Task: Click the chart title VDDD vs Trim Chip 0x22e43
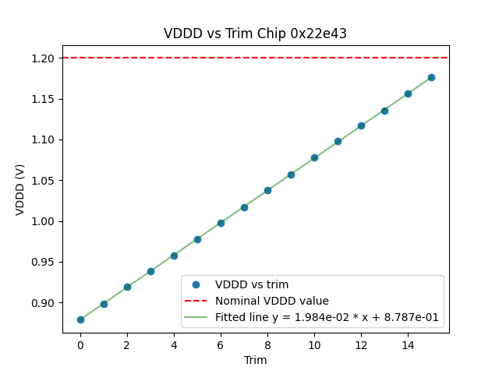point(255,34)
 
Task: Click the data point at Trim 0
point(80,319)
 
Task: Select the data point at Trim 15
point(431,77)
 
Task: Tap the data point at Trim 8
point(267,190)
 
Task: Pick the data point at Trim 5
point(197,239)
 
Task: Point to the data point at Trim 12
point(361,125)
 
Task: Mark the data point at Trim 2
point(127,287)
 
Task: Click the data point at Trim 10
point(314,157)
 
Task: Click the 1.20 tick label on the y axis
point(44,58)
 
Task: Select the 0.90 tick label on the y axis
point(44,303)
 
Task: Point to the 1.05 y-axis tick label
point(44,181)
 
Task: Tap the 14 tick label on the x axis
point(408,344)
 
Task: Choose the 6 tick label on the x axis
point(221,344)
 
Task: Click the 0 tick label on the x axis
point(80,344)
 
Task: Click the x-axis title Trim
point(255,360)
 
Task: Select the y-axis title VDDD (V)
point(20,190)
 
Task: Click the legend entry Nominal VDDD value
point(272,301)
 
